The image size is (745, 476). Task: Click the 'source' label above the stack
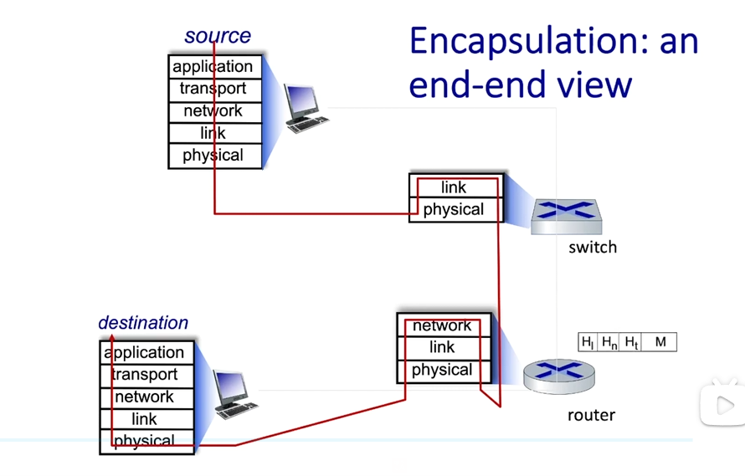coord(218,36)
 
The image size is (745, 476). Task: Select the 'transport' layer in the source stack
coord(215,90)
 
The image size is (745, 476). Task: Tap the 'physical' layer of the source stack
coord(215,156)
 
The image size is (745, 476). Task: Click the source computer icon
coord(306,108)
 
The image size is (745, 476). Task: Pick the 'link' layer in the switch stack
coord(455,187)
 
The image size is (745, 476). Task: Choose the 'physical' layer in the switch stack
coord(455,209)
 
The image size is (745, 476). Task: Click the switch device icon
coord(566,217)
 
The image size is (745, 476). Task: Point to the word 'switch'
coord(593,248)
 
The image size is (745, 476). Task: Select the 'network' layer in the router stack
coord(444,325)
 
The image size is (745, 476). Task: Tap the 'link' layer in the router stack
coord(444,348)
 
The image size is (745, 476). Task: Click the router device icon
coord(559,376)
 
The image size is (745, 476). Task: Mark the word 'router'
coord(591,415)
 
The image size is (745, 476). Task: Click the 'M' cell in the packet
coord(660,342)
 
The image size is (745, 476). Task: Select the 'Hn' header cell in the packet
coord(609,342)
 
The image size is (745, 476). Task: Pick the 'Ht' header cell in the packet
coord(631,342)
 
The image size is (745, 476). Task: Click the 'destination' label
coord(143,323)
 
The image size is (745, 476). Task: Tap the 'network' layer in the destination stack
coord(146,397)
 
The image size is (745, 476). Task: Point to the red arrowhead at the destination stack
coord(112,337)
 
